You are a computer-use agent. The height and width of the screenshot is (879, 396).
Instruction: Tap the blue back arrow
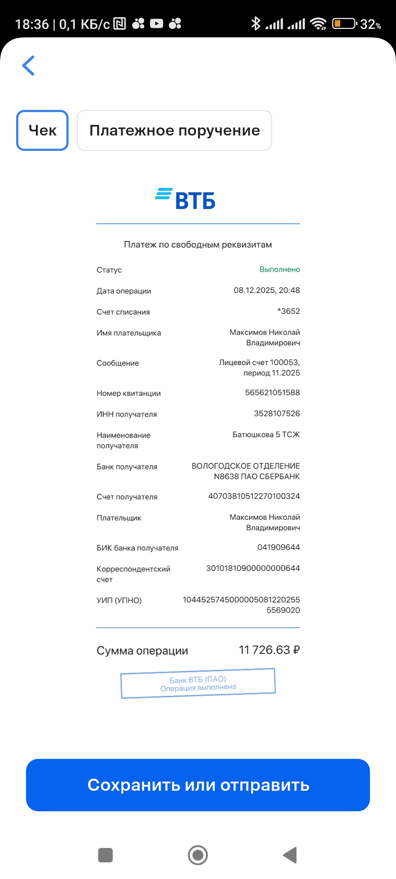pos(29,66)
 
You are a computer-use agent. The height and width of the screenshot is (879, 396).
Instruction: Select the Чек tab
pos(43,130)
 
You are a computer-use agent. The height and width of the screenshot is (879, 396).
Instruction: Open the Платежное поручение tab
pos(174,130)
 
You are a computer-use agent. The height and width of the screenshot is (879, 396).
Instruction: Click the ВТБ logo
pos(186,199)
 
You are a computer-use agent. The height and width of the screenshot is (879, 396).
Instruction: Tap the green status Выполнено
pos(279,270)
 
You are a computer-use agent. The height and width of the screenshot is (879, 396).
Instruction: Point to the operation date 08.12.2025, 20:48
pos(267,290)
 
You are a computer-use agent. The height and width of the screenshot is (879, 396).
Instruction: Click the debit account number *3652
pos(289,311)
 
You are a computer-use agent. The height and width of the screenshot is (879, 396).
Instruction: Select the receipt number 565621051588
pos(272,393)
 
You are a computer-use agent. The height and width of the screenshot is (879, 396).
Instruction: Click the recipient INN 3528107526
pos(277,413)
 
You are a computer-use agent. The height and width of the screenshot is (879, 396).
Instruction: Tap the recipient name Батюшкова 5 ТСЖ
pos(266,435)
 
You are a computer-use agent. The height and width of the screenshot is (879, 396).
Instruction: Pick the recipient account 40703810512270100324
pos(254,496)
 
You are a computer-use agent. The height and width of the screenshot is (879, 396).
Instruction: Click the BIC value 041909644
pos(278,547)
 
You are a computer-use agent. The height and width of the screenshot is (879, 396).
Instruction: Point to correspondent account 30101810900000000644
pos(253,568)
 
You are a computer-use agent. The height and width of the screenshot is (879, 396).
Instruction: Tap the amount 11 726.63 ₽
pos(269,650)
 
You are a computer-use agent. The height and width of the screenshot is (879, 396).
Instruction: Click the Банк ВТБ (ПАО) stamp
pos(198,683)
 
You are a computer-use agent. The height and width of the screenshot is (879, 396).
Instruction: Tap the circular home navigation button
pos(198,855)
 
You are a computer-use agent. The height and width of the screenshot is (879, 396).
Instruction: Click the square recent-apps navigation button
pos(106,855)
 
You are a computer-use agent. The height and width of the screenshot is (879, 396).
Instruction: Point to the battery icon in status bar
pos(344,24)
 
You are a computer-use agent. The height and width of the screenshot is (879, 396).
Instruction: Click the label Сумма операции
pos(142,651)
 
